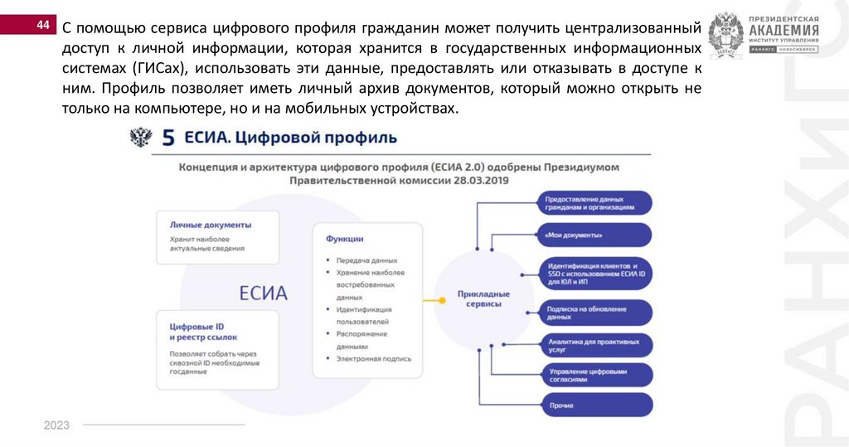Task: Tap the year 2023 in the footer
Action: pos(56,425)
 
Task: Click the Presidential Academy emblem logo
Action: pos(725,34)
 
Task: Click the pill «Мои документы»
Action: pos(594,235)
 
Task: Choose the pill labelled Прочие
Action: pos(594,405)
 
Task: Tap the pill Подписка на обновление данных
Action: pos(594,313)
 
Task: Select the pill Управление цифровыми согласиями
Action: pos(594,375)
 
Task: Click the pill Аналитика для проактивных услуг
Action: pos(594,345)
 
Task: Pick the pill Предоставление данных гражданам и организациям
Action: pos(594,203)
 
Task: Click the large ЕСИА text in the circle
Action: pos(263,293)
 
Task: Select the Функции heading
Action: pos(343,239)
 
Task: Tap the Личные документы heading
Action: pos(211,225)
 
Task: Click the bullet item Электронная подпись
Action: pos(374,359)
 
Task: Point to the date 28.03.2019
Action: pos(478,180)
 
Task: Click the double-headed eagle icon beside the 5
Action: pos(140,137)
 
